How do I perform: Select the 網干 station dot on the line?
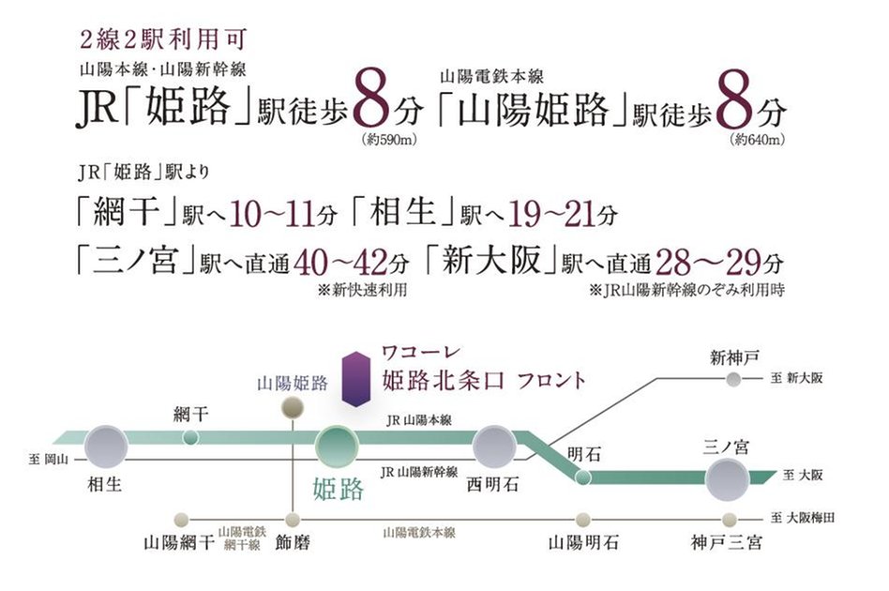tap(190, 437)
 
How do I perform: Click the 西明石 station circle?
tap(494, 447)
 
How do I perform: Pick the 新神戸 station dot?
tap(731, 379)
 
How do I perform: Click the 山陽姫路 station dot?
tap(294, 406)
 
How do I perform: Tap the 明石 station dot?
tap(581, 477)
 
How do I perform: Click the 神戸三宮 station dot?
tap(728, 519)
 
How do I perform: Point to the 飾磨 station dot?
tap(294, 519)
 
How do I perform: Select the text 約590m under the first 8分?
tap(386, 141)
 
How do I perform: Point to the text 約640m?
tap(756, 141)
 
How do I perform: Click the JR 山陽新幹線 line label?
tap(419, 471)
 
